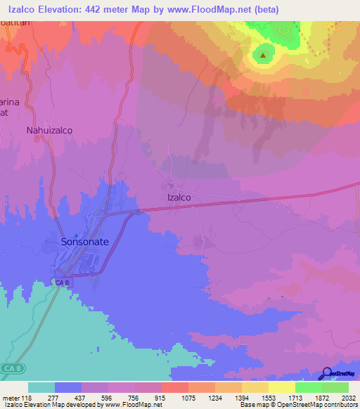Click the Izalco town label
(179, 198)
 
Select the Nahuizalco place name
(49, 131)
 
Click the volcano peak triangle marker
(264, 54)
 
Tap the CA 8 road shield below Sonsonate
(63, 283)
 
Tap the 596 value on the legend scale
(108, 397)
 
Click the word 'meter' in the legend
(11, 397)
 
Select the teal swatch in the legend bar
(41, 387)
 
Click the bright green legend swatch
(309, 387)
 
